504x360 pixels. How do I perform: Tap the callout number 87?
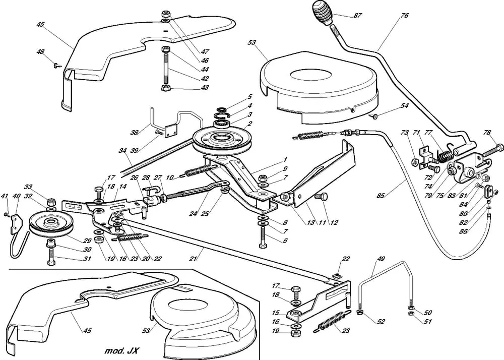pyautogui.click(x=357, y=16)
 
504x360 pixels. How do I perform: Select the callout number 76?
pyautogui.click(x=404, y=16)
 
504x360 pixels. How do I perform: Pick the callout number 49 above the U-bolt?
pyautogui.click(x=380, y=260)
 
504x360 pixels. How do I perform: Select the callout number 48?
pyautogui.click(x=40, y=52)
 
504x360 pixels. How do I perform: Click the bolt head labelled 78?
pyautogui.click(x=499, y=147)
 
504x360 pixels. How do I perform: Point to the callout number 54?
pyautogui.click(x=404, y=106)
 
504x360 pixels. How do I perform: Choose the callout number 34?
pyautogui.click(x=122, y=150)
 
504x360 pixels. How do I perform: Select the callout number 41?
pyautogui.click(x=5, y=196)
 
